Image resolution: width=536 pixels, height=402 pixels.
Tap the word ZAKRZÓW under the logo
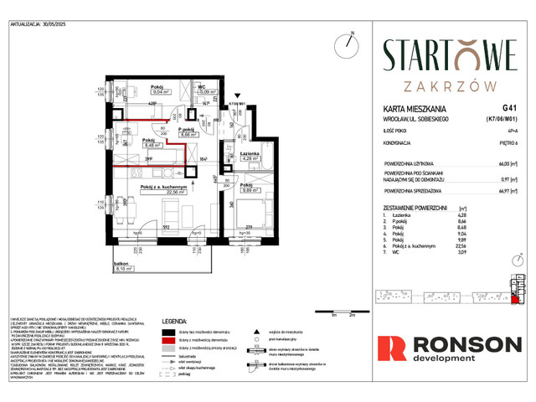[x=445, y=85]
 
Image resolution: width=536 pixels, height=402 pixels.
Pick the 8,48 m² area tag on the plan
[x=128, y=143]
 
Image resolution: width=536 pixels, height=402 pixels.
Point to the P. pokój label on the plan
[x=187, y=128]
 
